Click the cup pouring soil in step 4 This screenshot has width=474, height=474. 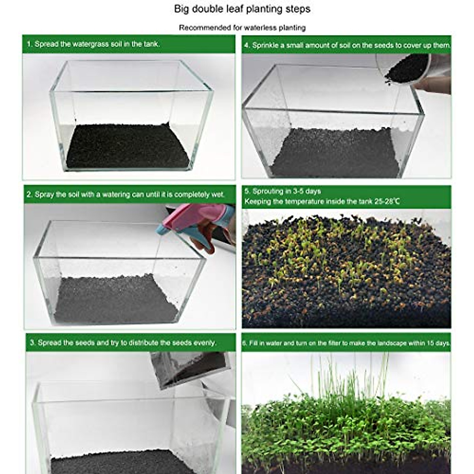(x=407, y=69)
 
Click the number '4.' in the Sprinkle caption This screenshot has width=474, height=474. (x=247, y=45)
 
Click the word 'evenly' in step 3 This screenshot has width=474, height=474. (x=204, y=342)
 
